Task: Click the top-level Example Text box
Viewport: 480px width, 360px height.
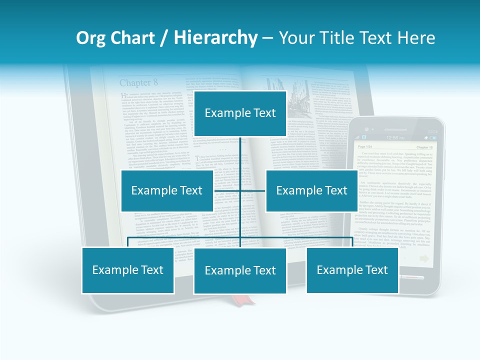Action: [x=240, y=113]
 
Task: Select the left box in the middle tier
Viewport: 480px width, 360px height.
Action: [x=167, y=190]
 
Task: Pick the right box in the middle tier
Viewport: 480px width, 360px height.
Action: [x=311, y=190]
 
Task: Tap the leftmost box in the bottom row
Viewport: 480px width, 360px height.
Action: [x=128, y=270]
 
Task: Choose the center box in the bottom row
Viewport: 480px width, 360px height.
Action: [x=240, y=270]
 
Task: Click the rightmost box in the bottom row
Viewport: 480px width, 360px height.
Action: [x=352, y=270]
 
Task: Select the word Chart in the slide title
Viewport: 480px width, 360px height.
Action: [x=129, y=38]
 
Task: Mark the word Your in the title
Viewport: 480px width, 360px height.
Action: [x=295, y=38]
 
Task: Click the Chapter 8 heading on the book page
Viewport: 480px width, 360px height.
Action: [x=138, y=82]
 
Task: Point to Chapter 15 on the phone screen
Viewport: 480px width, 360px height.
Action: [x=425, y=148]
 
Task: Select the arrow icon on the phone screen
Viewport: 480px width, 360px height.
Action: [x=425, y=258]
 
